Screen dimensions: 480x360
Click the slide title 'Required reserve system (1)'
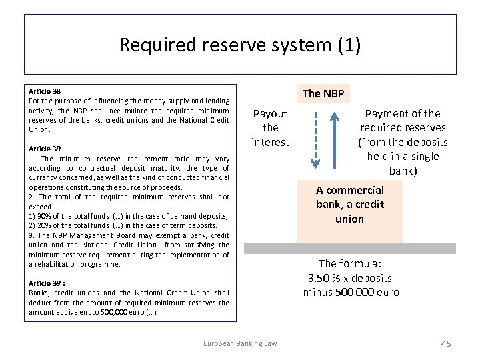coord(240,45)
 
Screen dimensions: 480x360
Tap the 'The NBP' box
coord(323,93)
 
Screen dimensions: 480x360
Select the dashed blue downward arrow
coord(316,139)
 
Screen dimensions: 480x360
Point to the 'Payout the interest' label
coord(270,128)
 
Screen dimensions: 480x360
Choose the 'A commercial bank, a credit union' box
coord(349,205)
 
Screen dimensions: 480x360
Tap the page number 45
coord(446,343)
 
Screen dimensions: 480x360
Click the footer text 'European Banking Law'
coord(240,343)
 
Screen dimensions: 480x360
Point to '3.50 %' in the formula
coord(323,278)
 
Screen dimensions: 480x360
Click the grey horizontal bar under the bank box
coord(349,248)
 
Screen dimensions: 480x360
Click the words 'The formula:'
coord(351,263)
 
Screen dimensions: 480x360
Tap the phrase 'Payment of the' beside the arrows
coord(403,113)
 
